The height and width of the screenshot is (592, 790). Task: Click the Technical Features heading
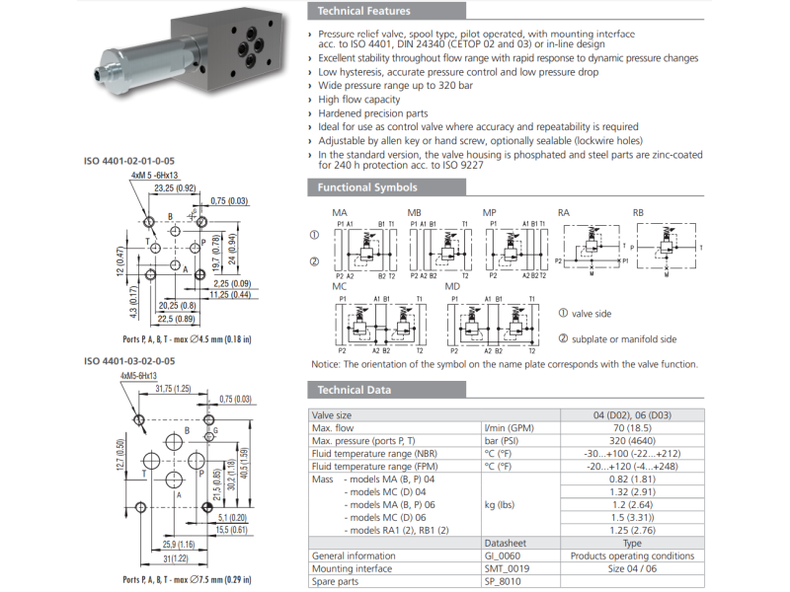(364, 12)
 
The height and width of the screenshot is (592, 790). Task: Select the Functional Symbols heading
(367, 187)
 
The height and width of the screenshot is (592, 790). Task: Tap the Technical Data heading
(355, 390)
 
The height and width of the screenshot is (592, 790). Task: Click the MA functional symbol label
(339, 212)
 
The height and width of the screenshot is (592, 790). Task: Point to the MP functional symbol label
(489, 212)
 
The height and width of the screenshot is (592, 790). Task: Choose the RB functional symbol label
(638, 212)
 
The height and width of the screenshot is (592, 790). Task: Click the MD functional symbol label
(452, 285)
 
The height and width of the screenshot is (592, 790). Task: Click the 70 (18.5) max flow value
(633, 428)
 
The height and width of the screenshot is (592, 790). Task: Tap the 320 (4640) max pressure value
(633, 440)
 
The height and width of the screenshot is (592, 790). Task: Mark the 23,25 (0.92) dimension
(172, 186)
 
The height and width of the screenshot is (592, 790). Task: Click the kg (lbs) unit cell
(502, 504)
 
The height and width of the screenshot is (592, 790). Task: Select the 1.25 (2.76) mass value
(633, 530)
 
